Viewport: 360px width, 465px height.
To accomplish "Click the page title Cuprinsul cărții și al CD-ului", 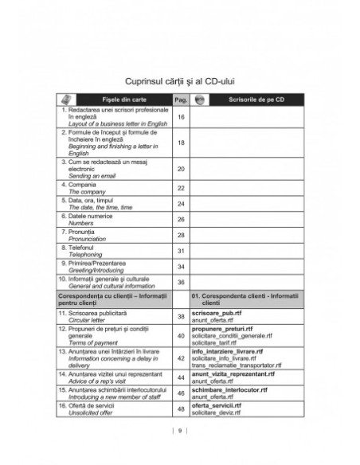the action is point(179,80).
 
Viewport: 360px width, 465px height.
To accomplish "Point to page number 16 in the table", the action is point(181,118).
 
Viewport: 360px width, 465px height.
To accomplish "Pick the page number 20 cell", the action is point(181,169).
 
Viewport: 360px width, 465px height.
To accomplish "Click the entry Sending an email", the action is point(88,175).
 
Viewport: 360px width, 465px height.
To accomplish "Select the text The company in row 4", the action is point(84,192).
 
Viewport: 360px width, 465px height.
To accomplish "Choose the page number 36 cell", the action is point(181,282).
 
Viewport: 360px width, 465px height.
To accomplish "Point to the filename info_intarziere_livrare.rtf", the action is point(232,350).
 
